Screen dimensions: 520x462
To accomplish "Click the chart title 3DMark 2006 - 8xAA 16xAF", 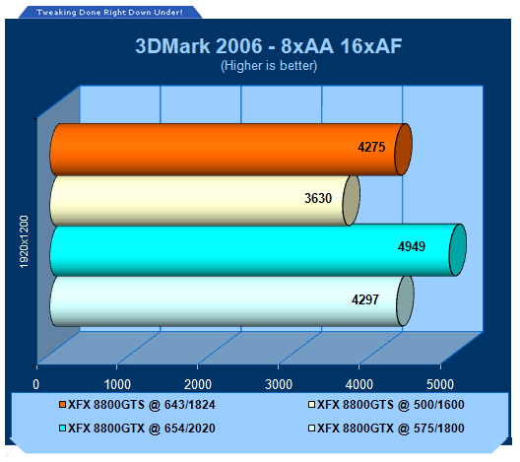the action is (269, 45).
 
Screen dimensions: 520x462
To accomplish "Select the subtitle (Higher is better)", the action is (269, 66).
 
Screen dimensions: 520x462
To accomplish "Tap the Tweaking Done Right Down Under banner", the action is (109, 13).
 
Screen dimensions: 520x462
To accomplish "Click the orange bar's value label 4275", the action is (371, 147).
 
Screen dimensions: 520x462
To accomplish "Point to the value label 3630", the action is (318, 198).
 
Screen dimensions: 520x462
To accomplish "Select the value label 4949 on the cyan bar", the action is (412, 246).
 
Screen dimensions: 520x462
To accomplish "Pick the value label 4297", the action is (365, 299).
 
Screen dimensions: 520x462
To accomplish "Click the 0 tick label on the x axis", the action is (36, 385).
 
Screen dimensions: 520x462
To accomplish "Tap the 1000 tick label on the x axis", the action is (117, 385).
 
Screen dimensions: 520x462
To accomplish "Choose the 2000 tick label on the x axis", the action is (198, 385).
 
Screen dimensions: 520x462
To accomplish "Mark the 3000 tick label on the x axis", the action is (279, 385).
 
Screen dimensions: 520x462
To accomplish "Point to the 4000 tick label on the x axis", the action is (359, 385).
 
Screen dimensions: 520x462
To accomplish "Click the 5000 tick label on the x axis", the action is (440, 385).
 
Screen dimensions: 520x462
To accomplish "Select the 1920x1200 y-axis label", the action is (25, 241).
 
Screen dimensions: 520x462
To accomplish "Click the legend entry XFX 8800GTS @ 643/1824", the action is (137, 405).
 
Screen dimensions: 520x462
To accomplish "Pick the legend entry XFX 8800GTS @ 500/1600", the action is (386, 405).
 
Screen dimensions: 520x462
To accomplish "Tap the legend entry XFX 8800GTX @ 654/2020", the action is (137, 429).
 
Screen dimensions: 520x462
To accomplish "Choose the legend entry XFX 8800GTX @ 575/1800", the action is (386, 429).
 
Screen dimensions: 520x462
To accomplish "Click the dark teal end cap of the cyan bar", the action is (458, 250).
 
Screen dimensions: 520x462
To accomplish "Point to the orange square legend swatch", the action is (62, 405).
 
